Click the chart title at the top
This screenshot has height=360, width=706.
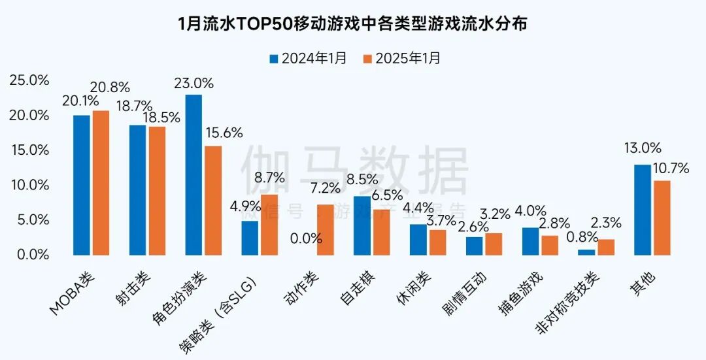[353, 24]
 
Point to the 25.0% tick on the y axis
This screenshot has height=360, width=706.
[29, 80]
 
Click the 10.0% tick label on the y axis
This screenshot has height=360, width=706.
[29, 185]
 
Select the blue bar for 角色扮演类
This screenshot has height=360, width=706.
[193, 174]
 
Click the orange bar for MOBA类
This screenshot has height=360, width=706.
[101, 182]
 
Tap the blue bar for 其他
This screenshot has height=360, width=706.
[643, 209]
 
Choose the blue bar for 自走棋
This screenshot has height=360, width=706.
[362, 225]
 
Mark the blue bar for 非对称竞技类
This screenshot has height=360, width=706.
[586, 252]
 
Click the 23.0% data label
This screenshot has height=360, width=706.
[194, 83]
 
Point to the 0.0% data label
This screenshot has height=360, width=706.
[306, 238]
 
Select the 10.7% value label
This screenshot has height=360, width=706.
[670, 169]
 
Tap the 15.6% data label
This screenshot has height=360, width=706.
[224, 133]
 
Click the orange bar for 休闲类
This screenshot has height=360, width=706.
[437, 242]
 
